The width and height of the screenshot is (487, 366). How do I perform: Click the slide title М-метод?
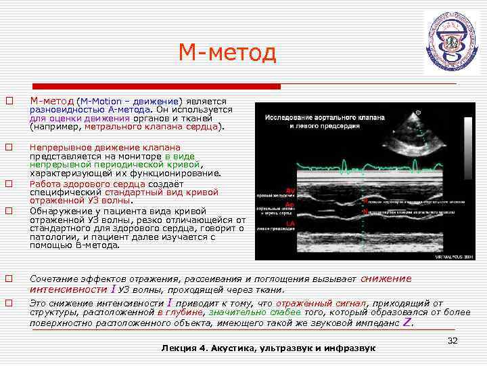pos(227,53)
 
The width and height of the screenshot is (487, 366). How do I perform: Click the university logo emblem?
pos(451,42)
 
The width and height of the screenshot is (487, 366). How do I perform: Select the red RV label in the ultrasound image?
pos(289,190)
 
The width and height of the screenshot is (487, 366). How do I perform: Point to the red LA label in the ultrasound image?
pos(289,223)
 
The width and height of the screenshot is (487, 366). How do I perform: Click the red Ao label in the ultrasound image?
pos(289,204)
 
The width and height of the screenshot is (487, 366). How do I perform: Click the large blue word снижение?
pos(388,278)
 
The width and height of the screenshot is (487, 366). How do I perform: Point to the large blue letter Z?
pos(407,323)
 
